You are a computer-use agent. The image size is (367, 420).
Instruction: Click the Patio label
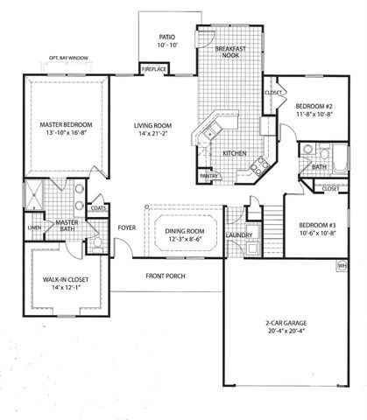pyautogui.click(x=167, y=38)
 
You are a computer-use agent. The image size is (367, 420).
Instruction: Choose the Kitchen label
pyautogui.click(x=234, y=154)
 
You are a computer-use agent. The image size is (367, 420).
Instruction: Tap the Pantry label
pyautogui.click(x=208, y=176)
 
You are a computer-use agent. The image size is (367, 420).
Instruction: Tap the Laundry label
pyautogui.click(x=239, y=234)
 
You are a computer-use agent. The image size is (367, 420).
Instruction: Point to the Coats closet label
pyautogui.click(x=98, y=207)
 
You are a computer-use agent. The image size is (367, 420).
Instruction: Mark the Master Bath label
pyautogui.click(x=67, y=227)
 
